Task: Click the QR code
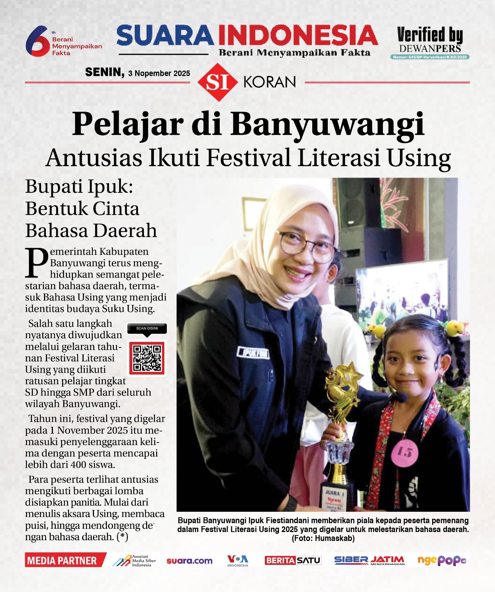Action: [147, 358]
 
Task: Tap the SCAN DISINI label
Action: [147, 328]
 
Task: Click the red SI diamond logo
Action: [217, 82]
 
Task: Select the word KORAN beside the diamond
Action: [270, 82]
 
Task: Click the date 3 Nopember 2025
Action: [159, 73]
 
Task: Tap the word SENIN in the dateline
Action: [105, 72]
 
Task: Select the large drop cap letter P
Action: [36, 262]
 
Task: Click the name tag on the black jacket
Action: [253, 353]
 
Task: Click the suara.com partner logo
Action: [189, 561]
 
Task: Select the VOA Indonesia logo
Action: [238, 560]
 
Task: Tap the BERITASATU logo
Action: [293, 560]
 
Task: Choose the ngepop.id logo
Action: [441, 561]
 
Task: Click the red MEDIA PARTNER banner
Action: [63, 561]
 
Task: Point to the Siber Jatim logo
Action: [369, 561]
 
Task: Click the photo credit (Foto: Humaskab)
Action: [323, 538]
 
